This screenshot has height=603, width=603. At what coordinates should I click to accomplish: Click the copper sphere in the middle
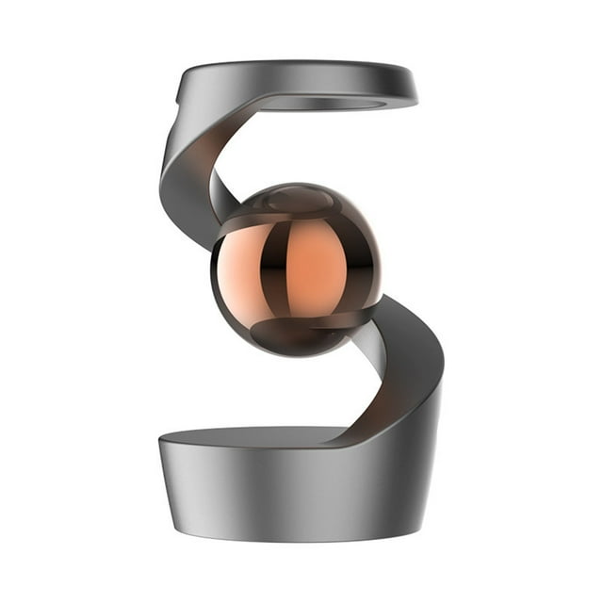coord(296,269)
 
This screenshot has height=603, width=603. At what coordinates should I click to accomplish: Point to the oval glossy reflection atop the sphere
coord(300,200)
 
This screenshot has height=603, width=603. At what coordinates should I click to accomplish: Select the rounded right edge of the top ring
coord(410,87)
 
